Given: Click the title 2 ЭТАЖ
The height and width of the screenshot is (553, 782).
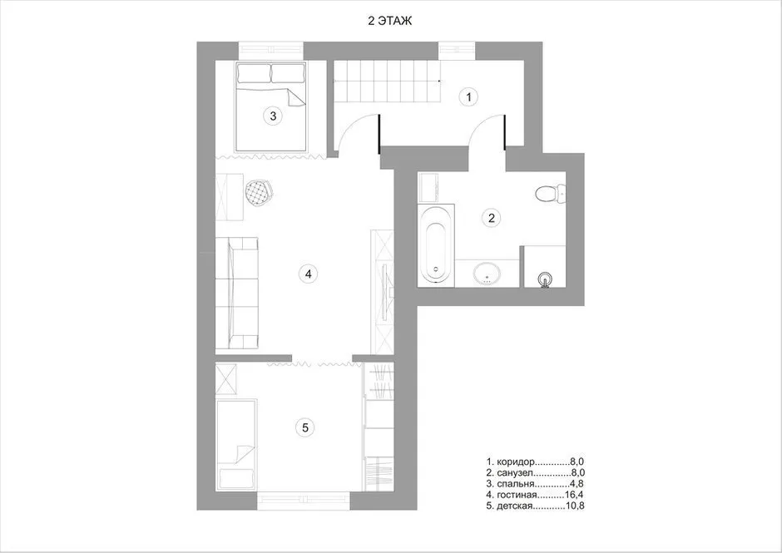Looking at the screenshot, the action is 390,21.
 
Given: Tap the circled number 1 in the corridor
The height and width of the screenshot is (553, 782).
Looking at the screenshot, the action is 468,96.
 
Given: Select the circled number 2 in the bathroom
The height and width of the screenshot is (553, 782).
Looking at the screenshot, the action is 492,217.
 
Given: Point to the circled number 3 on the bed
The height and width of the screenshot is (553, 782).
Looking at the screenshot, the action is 273,116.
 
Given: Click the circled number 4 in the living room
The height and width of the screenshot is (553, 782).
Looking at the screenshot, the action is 308,274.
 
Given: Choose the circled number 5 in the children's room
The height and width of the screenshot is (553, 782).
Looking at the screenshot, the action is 305,427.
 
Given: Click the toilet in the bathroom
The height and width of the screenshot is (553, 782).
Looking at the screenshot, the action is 550,194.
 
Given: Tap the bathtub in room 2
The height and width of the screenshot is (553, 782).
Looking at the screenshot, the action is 437,245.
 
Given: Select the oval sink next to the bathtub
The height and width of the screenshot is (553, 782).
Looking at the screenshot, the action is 488,274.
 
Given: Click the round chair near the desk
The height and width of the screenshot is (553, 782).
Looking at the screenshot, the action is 259,192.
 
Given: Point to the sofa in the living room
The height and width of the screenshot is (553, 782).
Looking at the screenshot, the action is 237,294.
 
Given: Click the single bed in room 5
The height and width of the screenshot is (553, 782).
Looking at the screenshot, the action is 237,444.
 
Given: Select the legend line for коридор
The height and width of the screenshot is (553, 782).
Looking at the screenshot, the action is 535,462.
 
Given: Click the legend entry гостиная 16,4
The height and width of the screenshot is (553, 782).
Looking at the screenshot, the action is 535,495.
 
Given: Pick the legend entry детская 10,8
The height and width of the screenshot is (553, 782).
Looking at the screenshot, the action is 535,506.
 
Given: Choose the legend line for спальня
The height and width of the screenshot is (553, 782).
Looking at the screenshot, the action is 535,484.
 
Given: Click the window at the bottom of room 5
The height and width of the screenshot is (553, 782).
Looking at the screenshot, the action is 304,501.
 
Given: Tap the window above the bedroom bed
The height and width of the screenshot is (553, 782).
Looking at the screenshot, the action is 271,51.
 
